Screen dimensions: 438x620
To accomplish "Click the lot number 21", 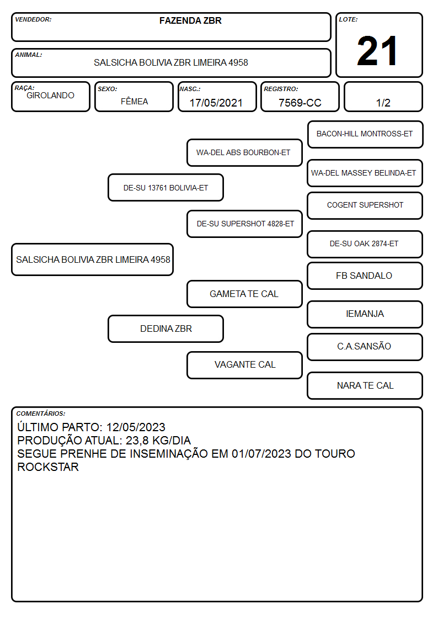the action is [377, 51].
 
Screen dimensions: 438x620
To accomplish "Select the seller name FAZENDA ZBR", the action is [190, 20].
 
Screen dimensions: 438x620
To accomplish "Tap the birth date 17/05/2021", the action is [216, 103].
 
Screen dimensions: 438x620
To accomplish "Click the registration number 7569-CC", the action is [300, 103].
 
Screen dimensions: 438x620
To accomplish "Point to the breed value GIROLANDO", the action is [50, 96].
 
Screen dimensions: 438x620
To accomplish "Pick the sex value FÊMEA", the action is [134, 101].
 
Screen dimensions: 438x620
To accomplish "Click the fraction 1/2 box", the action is [383, 97].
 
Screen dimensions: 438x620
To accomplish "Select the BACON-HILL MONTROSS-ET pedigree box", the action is [365, 135].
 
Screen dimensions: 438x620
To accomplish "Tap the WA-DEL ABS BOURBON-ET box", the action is [244, 152].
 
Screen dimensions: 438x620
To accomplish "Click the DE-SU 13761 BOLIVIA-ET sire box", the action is [165, 188].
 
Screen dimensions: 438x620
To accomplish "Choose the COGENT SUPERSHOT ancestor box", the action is [365, 205].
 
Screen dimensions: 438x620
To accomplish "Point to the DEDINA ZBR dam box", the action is [165, 328].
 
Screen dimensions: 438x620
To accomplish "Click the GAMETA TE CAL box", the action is [244, 294].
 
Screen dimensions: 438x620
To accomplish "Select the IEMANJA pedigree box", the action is [365, 314].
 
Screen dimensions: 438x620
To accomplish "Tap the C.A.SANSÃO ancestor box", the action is [365, 347].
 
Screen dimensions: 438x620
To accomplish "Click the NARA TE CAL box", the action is [365, 385].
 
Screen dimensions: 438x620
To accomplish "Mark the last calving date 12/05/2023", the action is [136, 427].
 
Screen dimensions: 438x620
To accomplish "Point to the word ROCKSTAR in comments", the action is [48, 467].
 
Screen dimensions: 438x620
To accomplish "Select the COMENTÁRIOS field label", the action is [41, 414].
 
